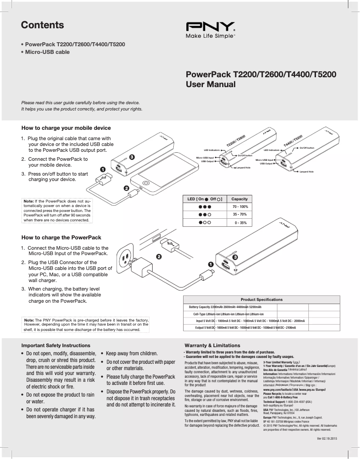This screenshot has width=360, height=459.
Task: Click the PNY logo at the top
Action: click(210, 26)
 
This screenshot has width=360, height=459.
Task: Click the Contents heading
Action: click(42, 25)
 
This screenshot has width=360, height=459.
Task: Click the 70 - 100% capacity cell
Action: click(240, 207)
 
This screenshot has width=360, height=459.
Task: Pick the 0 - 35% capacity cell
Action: click(240, 223)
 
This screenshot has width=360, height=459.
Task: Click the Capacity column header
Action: click(239, 199)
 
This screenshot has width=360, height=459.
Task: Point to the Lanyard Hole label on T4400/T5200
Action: click(307, 172)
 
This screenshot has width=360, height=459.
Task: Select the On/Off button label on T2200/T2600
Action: click(245, 155)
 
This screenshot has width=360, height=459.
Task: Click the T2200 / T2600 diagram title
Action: click(236, 140)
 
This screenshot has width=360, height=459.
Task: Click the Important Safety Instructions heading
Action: click(56, 345)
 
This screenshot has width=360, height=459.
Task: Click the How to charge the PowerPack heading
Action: click(61, 237)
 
